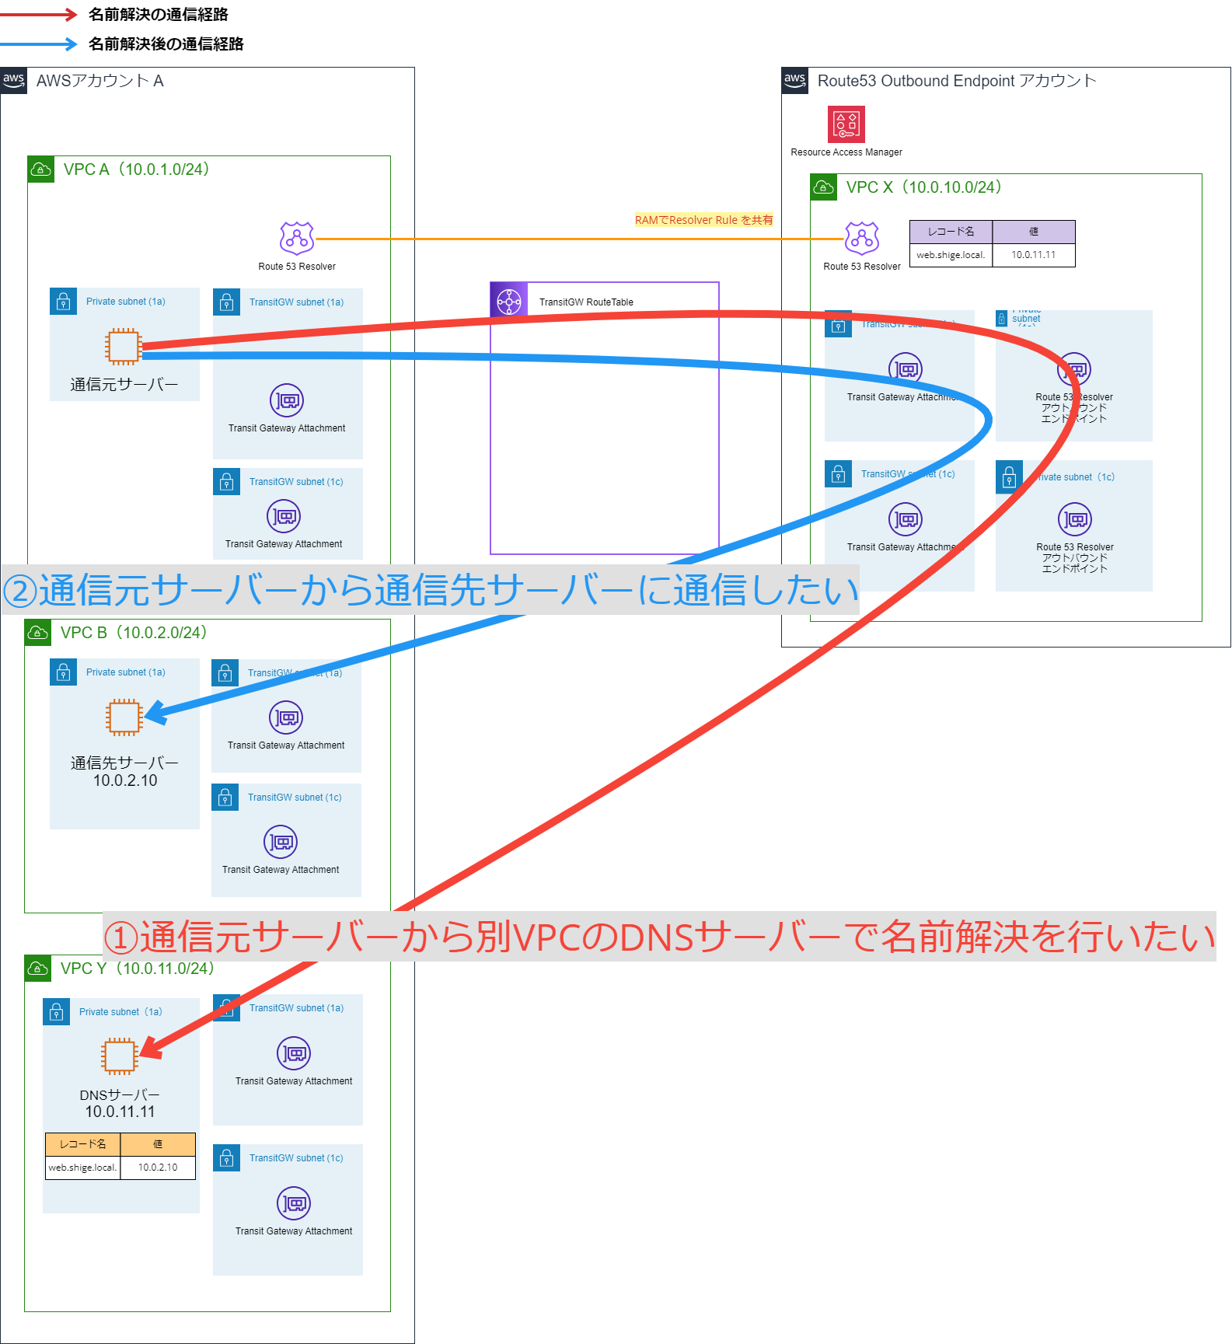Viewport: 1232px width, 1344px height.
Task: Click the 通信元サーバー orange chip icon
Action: (x=124, y=347)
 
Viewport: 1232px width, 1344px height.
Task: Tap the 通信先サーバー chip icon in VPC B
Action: (x=124, y=717)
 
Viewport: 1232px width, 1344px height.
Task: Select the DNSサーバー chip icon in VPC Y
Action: (x=119, y=1056)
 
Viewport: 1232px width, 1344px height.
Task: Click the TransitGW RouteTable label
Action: (x=586, y=302)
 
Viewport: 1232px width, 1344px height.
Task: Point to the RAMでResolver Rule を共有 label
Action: (x=703, y=220)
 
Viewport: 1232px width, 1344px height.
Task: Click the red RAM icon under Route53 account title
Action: (x=846, y=124)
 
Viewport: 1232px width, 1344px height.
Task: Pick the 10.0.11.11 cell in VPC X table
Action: (x=1033, y=255)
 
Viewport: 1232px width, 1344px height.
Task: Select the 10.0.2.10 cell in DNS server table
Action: (x=158, y=1168)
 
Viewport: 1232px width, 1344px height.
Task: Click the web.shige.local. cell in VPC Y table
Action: (x=82, y=1168)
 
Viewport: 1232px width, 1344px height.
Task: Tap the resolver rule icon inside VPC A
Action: (x=297, y=239)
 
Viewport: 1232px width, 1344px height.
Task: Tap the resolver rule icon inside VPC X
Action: (x=862, y=239)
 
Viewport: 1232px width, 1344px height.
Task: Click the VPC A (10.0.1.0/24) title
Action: (x=136, y=169)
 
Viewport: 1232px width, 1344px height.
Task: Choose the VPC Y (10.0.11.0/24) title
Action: (x=137, y=969)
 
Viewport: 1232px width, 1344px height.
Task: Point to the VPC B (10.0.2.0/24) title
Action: (x=134, y=633)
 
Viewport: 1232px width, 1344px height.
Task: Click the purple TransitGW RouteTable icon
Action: (x=509, y=302)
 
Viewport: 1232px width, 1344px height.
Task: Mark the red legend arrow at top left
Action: (x=39, y=14)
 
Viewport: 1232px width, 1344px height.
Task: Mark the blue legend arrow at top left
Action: (x=39, y=44)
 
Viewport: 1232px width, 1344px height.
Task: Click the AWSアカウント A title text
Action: (x=99, y=81)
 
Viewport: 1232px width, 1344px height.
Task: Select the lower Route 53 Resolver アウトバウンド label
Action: (x=1074, y=557)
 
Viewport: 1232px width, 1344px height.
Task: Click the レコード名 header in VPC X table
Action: (x=951, y=232)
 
